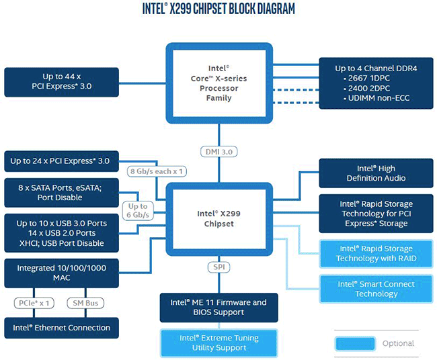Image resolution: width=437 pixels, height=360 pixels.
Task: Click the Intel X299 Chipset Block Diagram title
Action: pyautogui.click(x=218, y=9)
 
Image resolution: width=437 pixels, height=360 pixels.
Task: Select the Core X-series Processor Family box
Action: pyautogui.click(x=219, y=83)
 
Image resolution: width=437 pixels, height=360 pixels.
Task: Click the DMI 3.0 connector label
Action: pyautogui.click(x=219, y=152)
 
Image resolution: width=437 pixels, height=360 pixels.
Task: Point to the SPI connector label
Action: pyautogui.click(x=219, y=267)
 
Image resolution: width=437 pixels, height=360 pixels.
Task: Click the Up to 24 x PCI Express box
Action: pyautogui.click(x=61, y=161)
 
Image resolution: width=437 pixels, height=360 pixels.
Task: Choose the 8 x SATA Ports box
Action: pyautogui.click(x=61, y=193)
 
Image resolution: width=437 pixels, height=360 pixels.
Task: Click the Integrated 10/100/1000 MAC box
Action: pyautogui.click(x=61, y=273)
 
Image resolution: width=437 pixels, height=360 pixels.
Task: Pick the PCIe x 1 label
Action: pyautogui.click(x=32, y=303)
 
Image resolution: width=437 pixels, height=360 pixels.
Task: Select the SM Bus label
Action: pyautogui.click(x=85, y=303)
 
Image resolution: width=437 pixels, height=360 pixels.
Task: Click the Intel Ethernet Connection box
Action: pyautogui.click(x=61, y=328)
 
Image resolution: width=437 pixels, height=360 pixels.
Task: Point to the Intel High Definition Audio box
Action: pyautogui.click(x=376, y=173)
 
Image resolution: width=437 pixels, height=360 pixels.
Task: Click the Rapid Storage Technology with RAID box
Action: pyautogui.click(x=376, y=253)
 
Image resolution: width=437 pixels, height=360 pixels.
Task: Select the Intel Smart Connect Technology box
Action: pyautogui.click(x=376, y=289)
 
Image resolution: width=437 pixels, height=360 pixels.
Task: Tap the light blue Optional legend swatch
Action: pyautogui.click(x=355, y=343)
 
